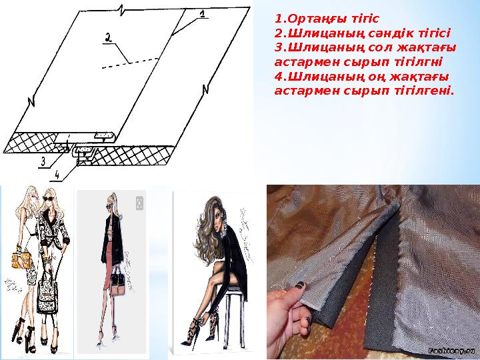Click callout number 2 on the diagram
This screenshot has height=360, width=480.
[107, 39]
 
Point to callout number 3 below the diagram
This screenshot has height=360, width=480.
[42, 161]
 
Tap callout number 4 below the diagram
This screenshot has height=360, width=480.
[57, 175]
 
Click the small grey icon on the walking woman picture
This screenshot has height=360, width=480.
[140, 202]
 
